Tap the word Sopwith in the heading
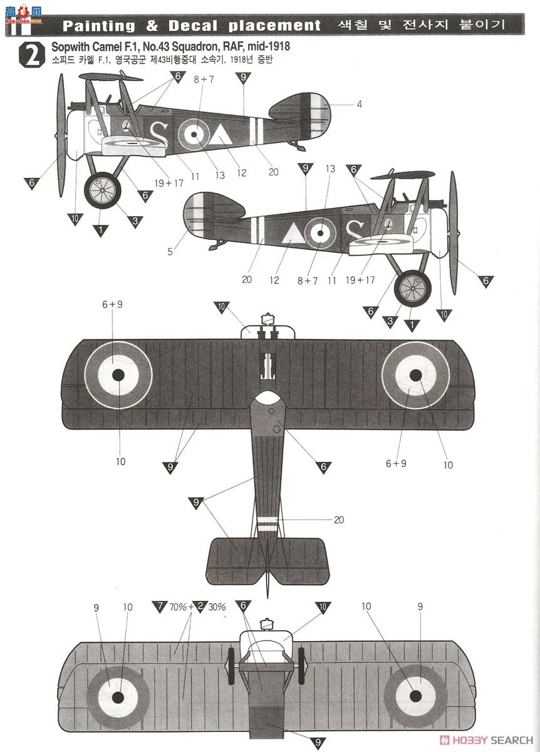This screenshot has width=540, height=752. pos(70,47)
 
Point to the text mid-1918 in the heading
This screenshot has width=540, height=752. pos(271,47)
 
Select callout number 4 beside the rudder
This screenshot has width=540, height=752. pos(359,104)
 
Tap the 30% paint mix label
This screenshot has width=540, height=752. pos(217,607)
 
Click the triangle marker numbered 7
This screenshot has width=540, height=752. pos(160,606)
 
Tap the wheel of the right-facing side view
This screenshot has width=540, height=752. pos(412,287)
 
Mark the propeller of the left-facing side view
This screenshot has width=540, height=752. pos(61,132)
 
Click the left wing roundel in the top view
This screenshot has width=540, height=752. pos(118,374)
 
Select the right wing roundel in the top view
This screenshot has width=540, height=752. pos(415,375)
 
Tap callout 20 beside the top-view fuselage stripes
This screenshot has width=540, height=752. pos(339,520)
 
